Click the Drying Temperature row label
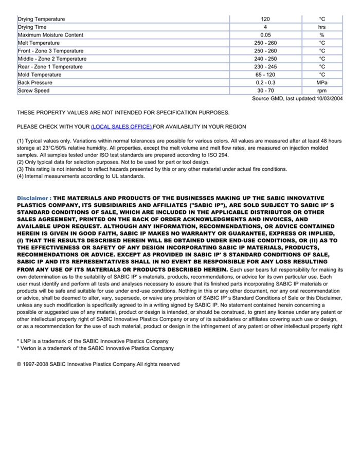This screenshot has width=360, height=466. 41,19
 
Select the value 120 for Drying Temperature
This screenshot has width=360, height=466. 265,19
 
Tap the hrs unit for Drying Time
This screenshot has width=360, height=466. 322,27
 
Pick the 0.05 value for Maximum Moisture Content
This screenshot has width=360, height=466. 265,35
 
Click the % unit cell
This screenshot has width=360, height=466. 322,35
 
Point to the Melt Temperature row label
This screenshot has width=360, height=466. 39,43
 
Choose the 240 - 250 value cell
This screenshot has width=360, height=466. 265,59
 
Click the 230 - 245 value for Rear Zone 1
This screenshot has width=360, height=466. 265,67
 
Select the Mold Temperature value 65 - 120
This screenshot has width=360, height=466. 265,75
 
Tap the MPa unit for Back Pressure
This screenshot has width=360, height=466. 322,82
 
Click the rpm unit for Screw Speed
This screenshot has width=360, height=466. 322,91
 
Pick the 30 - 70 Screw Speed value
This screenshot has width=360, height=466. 265,91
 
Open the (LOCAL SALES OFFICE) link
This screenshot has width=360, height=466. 121,127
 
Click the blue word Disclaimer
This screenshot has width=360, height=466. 33,198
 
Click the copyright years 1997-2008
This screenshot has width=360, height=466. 35,364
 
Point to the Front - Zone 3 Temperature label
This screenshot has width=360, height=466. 50,51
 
